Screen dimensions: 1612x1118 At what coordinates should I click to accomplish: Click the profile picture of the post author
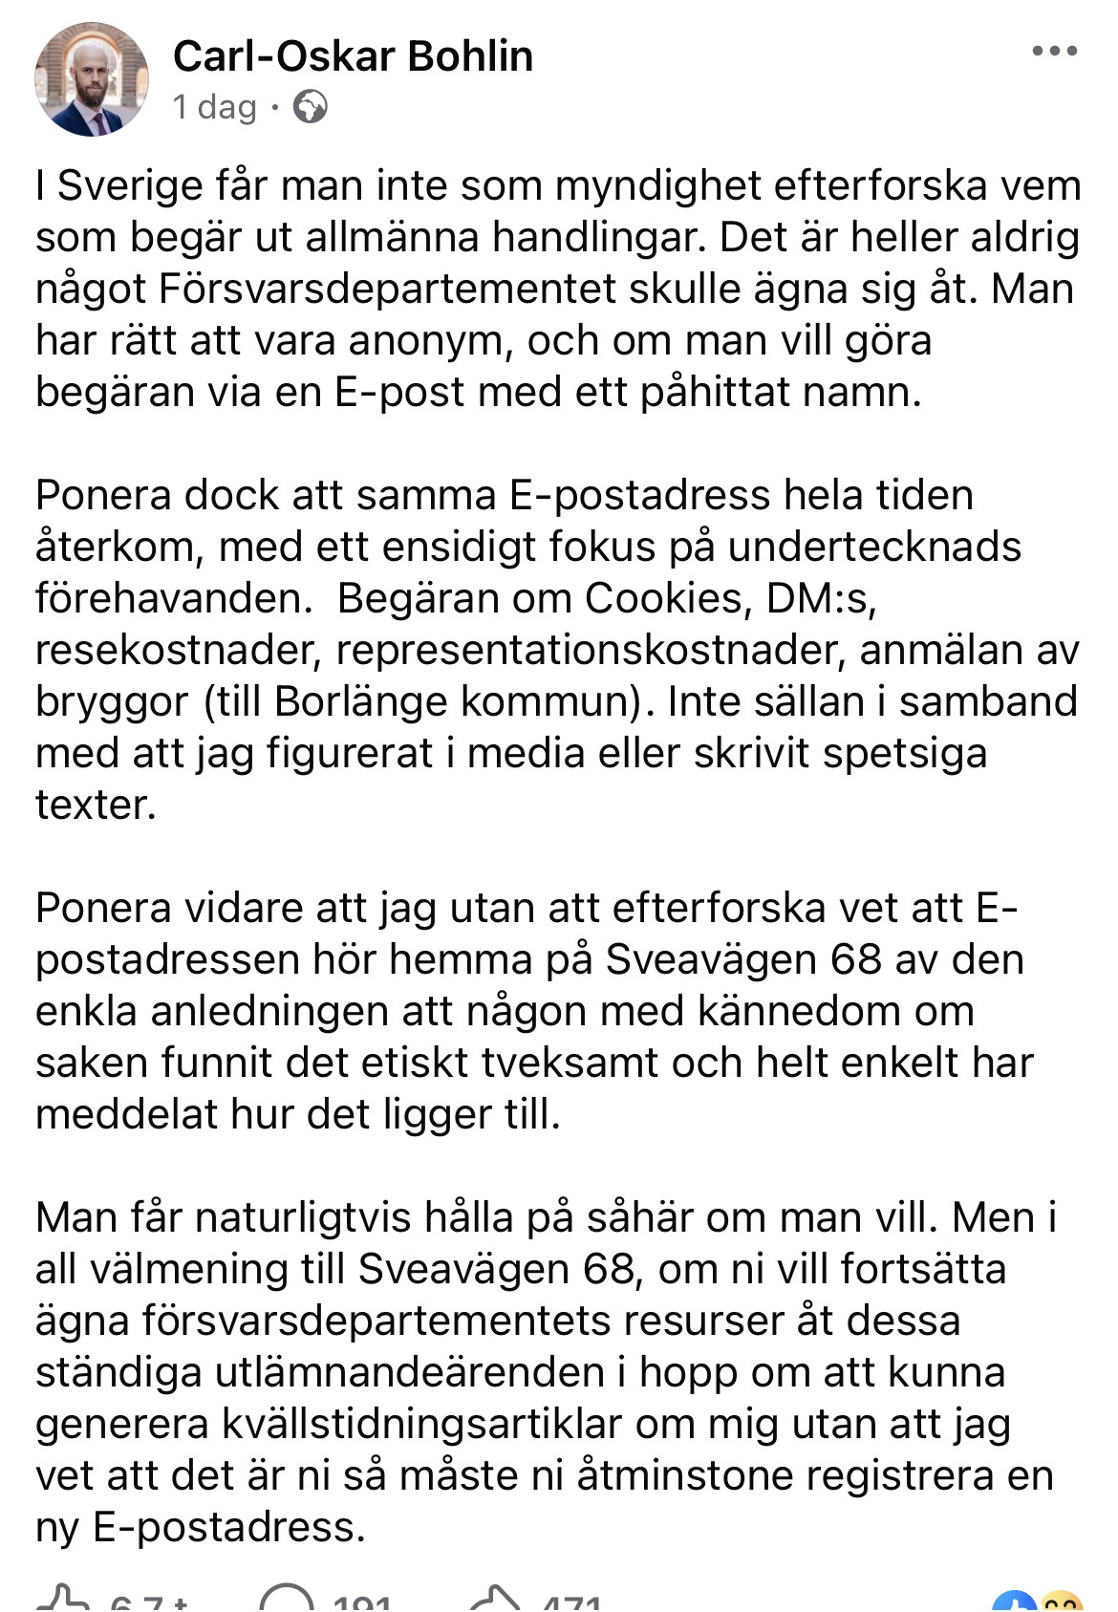click(93, 79)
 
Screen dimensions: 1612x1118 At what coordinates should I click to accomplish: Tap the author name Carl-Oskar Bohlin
click(353, 57)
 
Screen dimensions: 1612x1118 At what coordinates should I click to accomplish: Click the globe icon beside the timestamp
click(310, 107)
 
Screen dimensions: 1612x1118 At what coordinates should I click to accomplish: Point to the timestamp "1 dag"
click(215, 107)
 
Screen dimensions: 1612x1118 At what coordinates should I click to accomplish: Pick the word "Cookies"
click(663, 598)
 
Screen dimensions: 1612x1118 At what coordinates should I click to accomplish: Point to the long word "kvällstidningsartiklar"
click(421, 1424)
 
